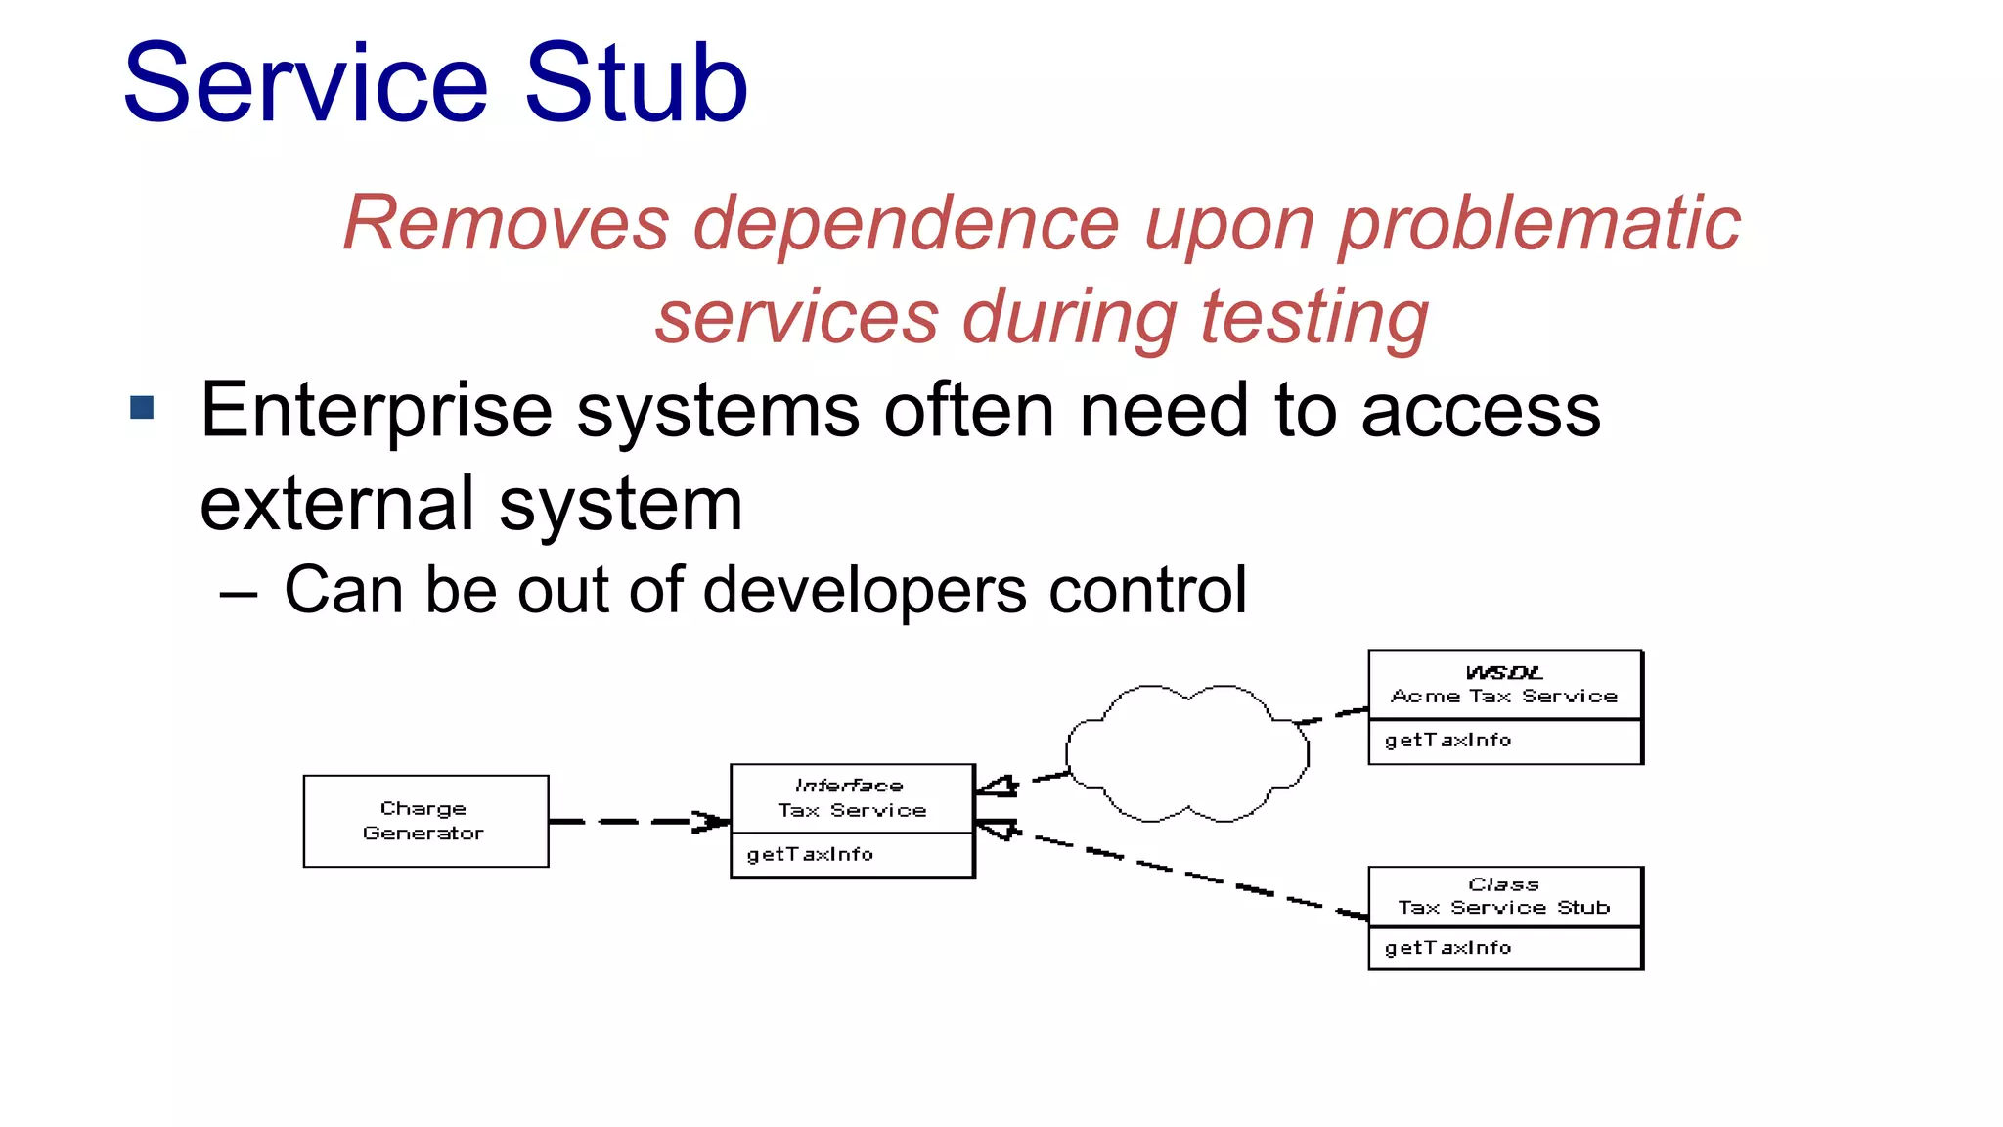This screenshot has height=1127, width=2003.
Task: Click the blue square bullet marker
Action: (143, 408)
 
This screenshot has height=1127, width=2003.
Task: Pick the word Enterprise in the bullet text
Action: (376, 411)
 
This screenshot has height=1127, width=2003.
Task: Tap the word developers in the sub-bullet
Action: (865, 591)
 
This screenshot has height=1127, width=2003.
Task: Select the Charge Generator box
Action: (425, 821)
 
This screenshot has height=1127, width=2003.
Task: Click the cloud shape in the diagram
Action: (1186, 753)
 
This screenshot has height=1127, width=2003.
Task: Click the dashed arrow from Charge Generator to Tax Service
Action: (636, 822)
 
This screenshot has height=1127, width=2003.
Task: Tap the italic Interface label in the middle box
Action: (849, 786)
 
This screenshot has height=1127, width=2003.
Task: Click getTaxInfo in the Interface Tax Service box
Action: (810, 855)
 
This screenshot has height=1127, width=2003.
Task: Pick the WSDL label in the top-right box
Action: (1503, 673)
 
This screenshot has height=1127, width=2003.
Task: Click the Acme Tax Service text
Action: (1503, 697)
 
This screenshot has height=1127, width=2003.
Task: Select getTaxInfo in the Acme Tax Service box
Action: (1447, 741)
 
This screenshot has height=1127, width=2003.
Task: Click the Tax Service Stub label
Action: (1503, 908)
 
